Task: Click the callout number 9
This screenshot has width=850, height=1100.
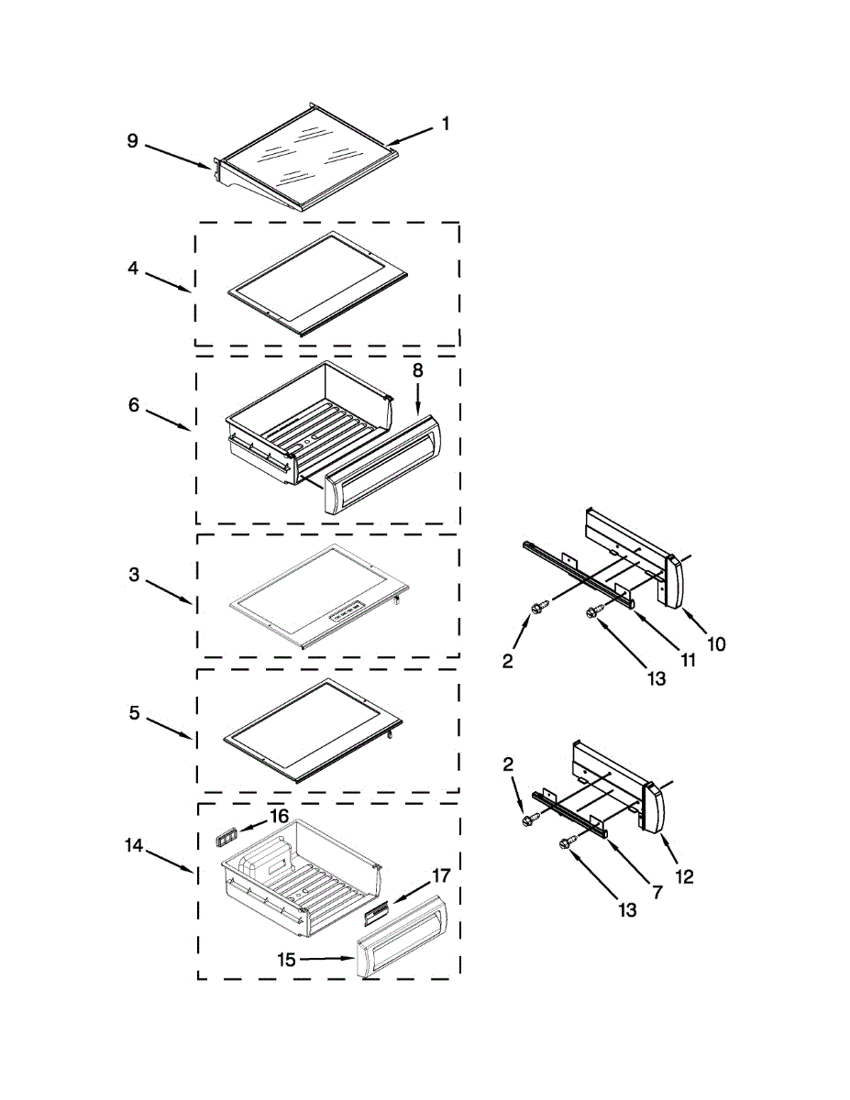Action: click(132, 141)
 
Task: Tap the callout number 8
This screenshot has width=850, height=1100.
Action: click(417, 370)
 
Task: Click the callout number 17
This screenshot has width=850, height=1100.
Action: click(440, 874)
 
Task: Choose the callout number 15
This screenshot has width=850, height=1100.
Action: click(288, 959)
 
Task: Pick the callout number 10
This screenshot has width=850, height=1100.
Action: click(716, 643)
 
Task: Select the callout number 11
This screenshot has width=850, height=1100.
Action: click(687, 659)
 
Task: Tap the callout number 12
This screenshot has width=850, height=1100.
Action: click(684, 876)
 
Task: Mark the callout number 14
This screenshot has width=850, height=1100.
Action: click(135, 846)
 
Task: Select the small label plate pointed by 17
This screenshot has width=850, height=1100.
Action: click(376, 911)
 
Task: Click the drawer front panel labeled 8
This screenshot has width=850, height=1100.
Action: click(385, 463)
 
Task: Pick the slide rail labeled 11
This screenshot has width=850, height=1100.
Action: click(578, 573)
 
